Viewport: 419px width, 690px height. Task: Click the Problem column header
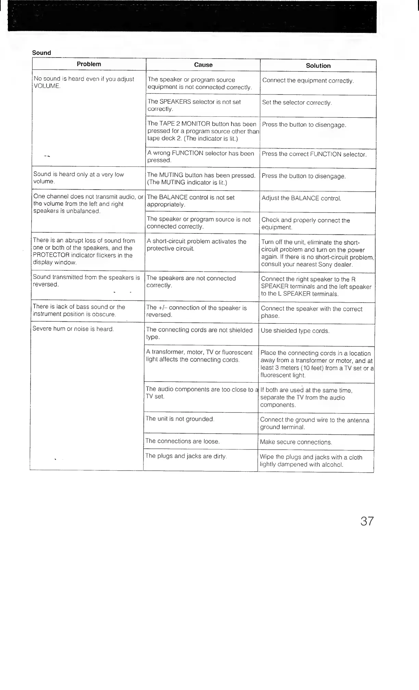click(89, 64)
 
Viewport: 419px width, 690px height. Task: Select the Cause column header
click(203, 65)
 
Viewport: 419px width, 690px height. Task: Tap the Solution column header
click(318, 66)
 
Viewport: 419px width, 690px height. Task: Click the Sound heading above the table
click(41, 53)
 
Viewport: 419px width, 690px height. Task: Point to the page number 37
click(367, 521)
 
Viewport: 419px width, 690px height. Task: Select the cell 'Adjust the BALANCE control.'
click(301, 199)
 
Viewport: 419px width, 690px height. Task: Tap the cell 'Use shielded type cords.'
click(295, 331)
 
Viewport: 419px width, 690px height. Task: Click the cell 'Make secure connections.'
click(296, 442)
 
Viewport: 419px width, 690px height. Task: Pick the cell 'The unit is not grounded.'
click(180, 419)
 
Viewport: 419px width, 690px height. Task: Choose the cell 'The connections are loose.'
click(182, 441)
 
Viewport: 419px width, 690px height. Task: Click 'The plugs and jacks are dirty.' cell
click(186, 456)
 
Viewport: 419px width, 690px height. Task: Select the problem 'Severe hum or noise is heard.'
click(73, 329)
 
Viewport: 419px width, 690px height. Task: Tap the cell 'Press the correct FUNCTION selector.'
click(314, 154)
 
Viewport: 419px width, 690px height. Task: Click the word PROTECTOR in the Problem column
click(51, 255)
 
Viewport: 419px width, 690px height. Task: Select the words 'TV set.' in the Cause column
click(155, 397)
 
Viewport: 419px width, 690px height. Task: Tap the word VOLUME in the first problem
click(47, 86)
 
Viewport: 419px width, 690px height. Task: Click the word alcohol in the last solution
click(332, 465)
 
